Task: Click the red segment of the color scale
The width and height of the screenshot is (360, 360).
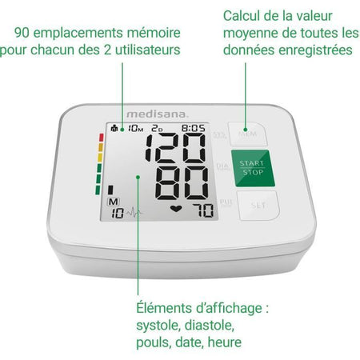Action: [x=101, y=138]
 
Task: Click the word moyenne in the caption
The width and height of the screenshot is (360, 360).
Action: [x=253, y=33]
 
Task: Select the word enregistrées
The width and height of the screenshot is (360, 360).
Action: [x=313, y=50]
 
